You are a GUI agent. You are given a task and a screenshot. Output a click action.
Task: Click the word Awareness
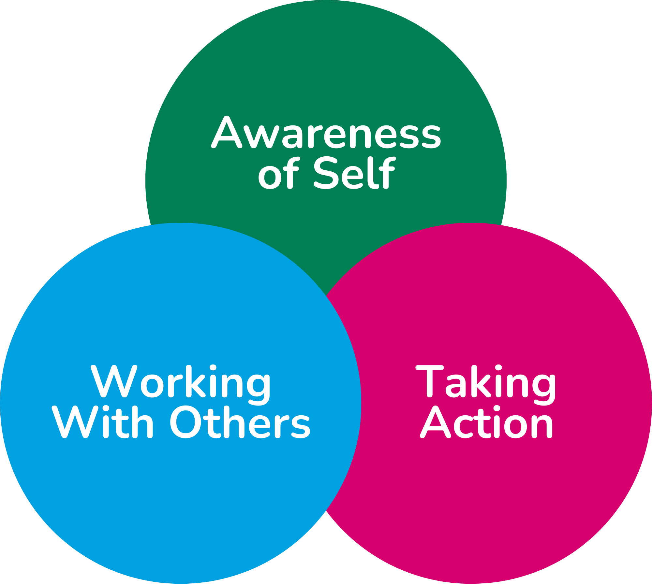(326, 133)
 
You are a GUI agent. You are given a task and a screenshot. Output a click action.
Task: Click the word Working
(181, 382)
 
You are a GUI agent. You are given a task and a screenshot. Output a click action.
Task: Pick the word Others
(240, 422)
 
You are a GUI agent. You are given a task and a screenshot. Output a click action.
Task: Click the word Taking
(486, 382)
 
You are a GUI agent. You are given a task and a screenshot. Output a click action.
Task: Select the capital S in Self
(326, 172)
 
